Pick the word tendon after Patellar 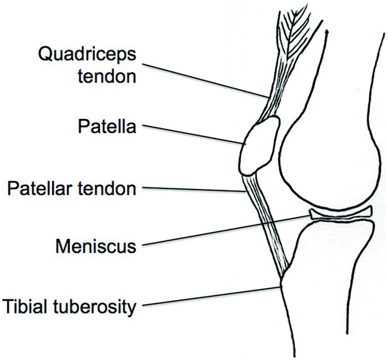coord(111,188)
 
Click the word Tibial coord(26,305)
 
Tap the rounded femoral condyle coord(332,157)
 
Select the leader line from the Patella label coord(194,135)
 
